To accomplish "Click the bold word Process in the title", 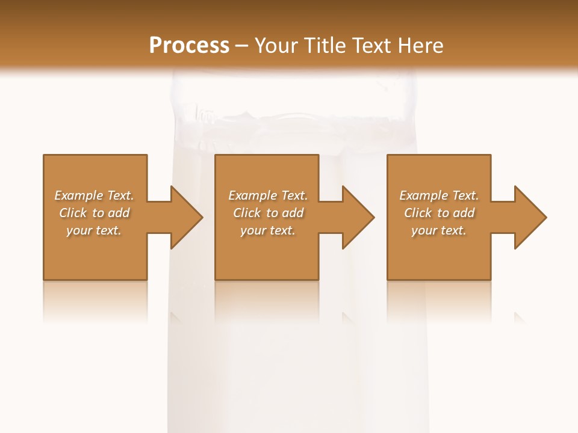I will click(189, 46).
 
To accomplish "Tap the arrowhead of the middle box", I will click(358, 217).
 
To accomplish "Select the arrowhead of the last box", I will click(529, 217).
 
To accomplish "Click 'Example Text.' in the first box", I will click(94, 195).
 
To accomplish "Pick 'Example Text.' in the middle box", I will click(268, 195).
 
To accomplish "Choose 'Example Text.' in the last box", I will click(439, 195).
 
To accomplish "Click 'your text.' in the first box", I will click(94, 230).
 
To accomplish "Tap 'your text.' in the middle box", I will click(268, 230).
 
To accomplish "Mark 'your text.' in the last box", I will click(439, 230).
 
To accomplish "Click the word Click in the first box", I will click(73, 213).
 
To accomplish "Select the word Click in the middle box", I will click(247, 213).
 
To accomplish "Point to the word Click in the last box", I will click(418, 213).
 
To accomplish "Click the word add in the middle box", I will click(293, 213).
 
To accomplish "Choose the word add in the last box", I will click(464, 213).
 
